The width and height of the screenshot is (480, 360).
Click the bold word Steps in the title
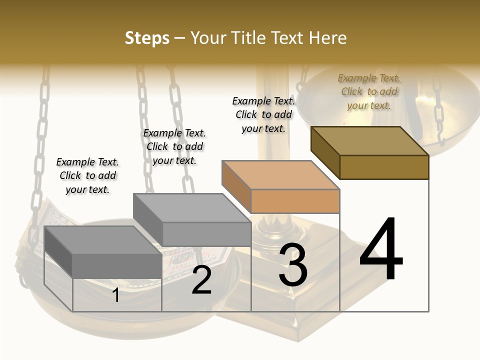(x=147, y=38)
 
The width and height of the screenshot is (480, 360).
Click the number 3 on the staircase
(x=293, y=265)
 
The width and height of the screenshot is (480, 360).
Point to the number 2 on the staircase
(x=201, y=280)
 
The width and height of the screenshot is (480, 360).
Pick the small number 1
(x=116, y=295)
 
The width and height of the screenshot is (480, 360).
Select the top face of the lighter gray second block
(x=192, y=207)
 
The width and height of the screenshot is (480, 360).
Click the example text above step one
(x=87, y=175)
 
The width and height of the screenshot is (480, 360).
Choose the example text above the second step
(x=174, y=146)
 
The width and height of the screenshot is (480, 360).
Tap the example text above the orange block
(x=263, y=114)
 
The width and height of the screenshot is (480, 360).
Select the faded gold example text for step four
(x=369, y=91)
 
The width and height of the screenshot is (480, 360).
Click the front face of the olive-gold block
(x=384, y=167)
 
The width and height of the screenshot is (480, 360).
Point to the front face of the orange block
(x=295, y=201)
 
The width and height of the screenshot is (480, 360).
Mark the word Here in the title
(x=327, y=38)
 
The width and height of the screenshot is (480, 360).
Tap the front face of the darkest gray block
(x=117, y=266)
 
